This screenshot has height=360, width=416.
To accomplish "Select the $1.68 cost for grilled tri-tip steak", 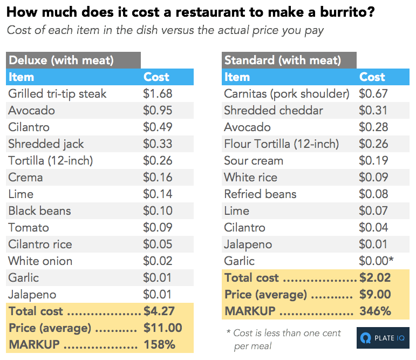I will [158, 94].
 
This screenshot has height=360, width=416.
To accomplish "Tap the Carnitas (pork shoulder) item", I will [287, 94].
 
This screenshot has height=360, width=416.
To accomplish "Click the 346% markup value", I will [375, 311].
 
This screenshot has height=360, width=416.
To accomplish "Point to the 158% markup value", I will [159, 345].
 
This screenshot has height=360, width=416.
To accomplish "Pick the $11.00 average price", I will [162, 328].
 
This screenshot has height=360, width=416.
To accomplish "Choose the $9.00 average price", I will [375, 295].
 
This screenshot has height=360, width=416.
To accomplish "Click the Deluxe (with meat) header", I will [61, 60].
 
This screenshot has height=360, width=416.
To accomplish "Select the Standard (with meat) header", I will [282, 60].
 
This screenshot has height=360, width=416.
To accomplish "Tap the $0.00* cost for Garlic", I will [376, 261].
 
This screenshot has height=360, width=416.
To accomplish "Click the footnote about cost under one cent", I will [283, 339].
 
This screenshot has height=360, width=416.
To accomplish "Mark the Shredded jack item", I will [46, 144].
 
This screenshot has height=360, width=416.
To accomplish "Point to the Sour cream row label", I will [254, 161].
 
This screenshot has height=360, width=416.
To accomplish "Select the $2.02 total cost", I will [375, 278].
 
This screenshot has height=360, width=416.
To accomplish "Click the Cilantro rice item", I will [40, 244].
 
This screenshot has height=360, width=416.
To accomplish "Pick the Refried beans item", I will [260, 194].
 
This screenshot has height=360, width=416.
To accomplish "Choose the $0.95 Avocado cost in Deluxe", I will [158, 111].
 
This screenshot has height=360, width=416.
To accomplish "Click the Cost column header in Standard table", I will [372, 77].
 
